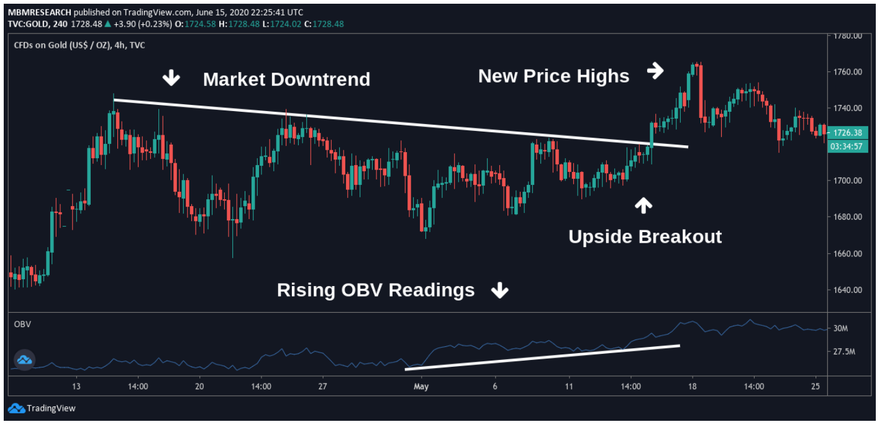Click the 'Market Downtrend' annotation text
286,79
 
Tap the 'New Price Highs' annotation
553,76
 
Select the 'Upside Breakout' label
645,236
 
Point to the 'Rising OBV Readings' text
375,290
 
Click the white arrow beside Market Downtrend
171,78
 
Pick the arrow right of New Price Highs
655,71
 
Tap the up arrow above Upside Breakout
643,205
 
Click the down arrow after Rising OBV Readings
500,290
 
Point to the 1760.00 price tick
848,72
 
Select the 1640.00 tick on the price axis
848,290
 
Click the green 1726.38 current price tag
848,132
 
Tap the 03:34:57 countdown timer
848,146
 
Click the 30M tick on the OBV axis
841,328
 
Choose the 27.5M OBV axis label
845,352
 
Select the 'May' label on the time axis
421,386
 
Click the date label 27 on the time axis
322,386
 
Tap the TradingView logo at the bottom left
42,408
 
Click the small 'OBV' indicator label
23,324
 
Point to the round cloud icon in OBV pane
24,359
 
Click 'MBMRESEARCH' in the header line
36,12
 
